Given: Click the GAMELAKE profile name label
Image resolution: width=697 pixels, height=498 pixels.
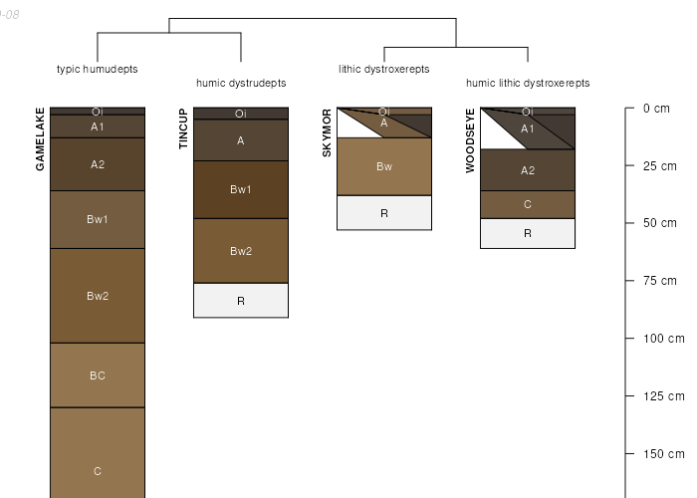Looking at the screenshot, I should (x=41, y=138).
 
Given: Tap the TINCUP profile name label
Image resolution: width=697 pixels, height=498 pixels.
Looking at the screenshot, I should (x=183, y=129).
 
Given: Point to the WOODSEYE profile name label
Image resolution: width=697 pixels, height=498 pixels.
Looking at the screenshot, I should (x=470, y=140).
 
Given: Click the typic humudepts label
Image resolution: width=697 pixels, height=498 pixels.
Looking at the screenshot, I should (x=98, y=69).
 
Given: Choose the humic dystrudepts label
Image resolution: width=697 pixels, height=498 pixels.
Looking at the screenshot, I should (x=241, y=83).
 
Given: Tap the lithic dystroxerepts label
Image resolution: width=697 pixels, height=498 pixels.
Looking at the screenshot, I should (x=384, y=69).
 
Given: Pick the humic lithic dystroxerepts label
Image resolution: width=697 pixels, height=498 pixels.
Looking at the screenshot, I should (x=528, y=83).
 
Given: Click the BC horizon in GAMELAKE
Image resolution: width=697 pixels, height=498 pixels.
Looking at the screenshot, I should (x=98, y=375).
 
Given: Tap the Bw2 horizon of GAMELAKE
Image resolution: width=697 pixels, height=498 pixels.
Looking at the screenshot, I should (x=98, y=296).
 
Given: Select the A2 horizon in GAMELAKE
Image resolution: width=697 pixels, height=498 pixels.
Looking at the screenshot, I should (x=98, y=164).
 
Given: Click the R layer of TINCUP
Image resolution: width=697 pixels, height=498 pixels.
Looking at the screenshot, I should (x=241, y=300).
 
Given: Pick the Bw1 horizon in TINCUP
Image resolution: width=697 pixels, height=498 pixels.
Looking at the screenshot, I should (x=241, y=189).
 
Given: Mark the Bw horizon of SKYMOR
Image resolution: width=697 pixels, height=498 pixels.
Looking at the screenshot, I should (x=384, y=166).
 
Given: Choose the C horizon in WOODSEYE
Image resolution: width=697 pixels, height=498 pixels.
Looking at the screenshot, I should (x=528, y=204).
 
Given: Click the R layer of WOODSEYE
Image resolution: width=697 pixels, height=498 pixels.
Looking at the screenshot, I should (x=528, y=233).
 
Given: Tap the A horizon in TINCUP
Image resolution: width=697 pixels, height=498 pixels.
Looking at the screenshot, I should (x=241, y=140).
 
